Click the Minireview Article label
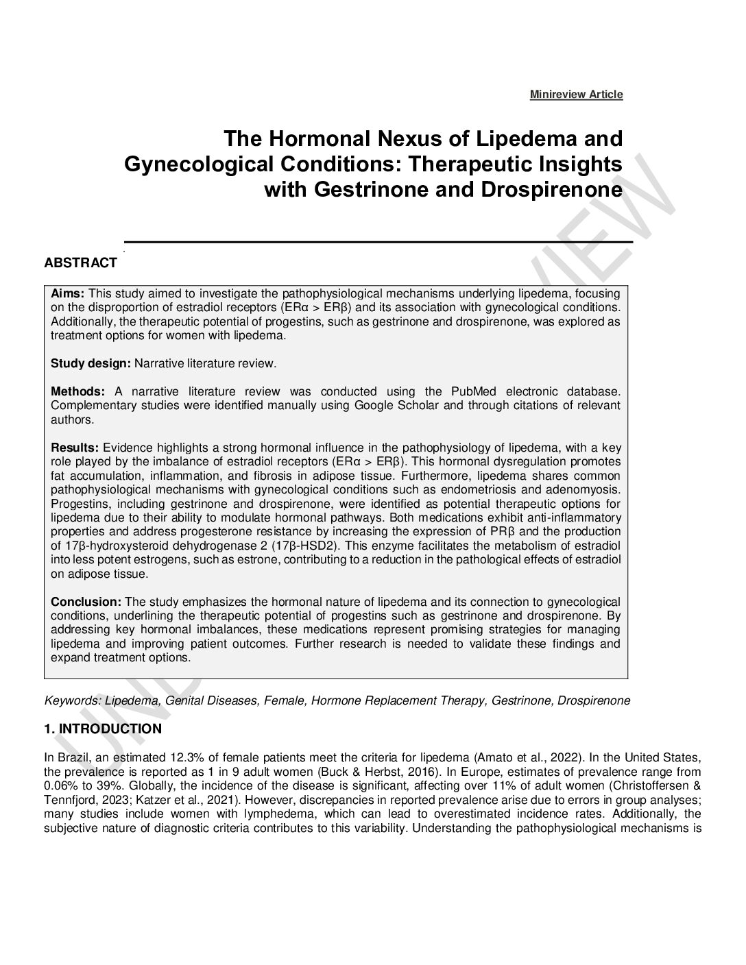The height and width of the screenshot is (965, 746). tap(576, 95)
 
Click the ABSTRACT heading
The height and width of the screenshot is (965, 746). tap(80, 263)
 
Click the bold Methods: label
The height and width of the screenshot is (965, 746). tap(77, 391)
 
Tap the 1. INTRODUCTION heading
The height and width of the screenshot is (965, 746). tap(103, 729)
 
